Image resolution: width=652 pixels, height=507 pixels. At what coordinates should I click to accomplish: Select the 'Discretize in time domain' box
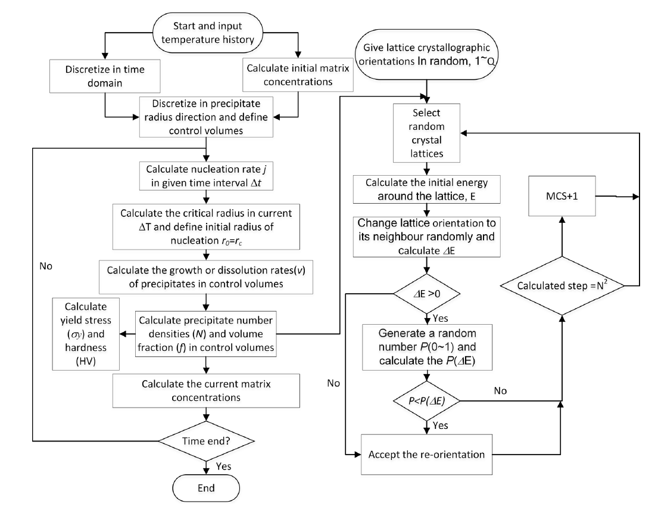tap(105, 76)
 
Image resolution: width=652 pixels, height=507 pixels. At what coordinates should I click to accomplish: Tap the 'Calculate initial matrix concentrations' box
tap(297, 76)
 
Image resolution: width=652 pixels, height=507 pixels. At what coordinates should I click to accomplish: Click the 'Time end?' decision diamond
tap(205, 440)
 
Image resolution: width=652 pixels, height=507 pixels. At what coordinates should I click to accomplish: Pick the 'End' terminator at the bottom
tap(205, 486)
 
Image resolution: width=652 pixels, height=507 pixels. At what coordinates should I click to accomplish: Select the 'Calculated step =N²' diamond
tap(561, 286)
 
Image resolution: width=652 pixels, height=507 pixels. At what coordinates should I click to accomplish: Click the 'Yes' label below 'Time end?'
tap(223, 465)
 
